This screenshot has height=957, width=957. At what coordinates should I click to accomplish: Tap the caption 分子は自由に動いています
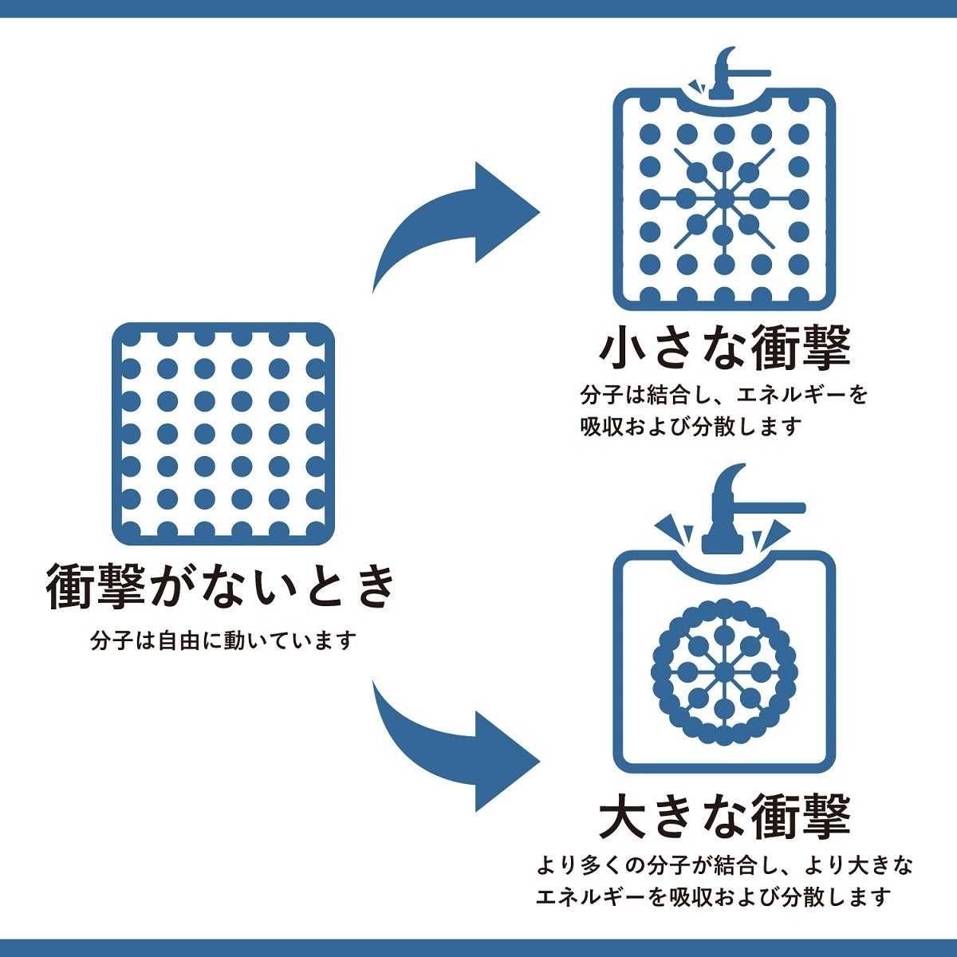[x=223, y=640]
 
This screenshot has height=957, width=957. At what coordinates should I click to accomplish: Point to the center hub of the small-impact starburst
[x=723, y=198]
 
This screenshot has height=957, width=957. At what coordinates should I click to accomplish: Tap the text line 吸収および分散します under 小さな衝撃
[x=690, y=427]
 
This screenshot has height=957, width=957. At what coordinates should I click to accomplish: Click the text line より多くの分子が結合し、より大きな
[x=724, y=864]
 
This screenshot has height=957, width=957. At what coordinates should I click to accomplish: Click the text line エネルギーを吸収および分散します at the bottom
[x=712, y=896]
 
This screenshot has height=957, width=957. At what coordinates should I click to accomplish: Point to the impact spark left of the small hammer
[x=695, y=85]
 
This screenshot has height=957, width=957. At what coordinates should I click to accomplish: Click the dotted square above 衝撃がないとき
[x=223, y=431]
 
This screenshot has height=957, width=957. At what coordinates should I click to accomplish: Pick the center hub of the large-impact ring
[x=723, y=672]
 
